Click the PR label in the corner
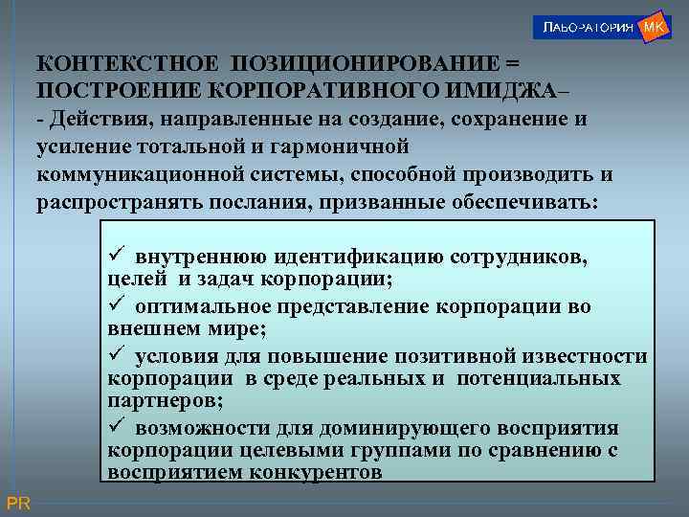click(x=18, y=503)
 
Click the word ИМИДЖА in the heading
click(x=497, y=89)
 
